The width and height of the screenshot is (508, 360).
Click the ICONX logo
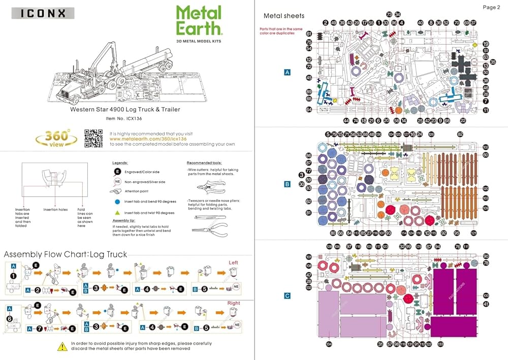click(x=42, y=13)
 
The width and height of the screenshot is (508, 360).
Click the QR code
click(x=93, y=138)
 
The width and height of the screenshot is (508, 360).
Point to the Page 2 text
click(x=491, y=7)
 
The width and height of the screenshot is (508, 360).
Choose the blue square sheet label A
click(x=287, y=73)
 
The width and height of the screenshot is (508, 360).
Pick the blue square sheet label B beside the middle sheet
click(x=287, y=184)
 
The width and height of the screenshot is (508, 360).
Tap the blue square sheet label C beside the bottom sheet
click(x=287, y=296)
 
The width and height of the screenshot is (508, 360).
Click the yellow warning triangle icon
click(x=62, y=347)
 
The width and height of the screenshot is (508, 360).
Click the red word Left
click(x=234, y=262)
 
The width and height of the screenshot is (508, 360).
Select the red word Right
click(x=234, y=303)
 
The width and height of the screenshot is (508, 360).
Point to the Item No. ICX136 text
click(x=124, y=118)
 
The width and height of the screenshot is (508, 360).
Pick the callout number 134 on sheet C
click(x=329, y=344)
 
